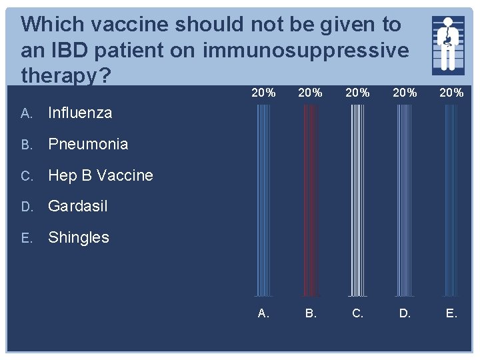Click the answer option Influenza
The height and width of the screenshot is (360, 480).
(x=80, y=113)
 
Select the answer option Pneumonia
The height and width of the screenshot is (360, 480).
(x=87, y=144)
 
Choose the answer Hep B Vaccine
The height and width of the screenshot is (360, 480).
(x=100, y=175)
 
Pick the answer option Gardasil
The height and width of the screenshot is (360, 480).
(x=78, y=206)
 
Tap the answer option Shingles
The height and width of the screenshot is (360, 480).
(x=79, y=237)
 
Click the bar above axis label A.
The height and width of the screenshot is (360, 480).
(x=264, y=200)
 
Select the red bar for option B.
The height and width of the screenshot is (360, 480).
(x=311, y=200)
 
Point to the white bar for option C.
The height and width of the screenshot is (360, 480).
(x=357, y=200)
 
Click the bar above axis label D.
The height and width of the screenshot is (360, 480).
(x=404, y=200)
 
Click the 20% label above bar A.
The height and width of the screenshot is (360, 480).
(x=264, y=93)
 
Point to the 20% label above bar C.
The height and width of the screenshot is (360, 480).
(x=357, y=93)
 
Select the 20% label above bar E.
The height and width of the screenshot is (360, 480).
(x=451, y=93)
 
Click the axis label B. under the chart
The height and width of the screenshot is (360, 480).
(x=311, y=313)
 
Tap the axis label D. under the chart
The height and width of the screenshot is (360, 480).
(x=405, y=313)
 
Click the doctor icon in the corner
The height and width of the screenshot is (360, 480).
(x=448, y=44)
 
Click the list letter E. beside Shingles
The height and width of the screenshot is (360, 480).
(x=27, y=238)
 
